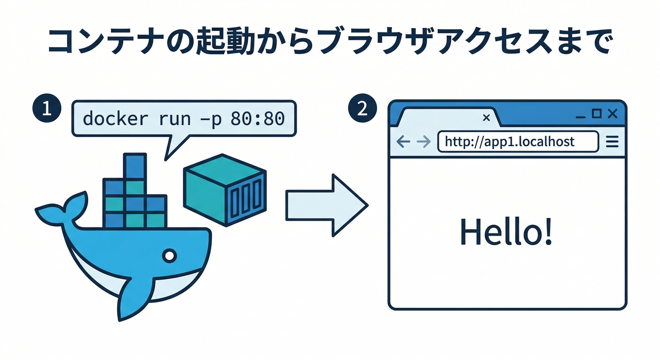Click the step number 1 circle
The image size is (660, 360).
46,108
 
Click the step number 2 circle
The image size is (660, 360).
362,108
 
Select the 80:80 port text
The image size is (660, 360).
258,118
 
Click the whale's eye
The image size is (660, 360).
169,255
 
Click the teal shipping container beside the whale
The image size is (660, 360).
225,189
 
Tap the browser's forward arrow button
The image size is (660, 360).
424,142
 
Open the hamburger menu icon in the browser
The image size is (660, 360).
612,142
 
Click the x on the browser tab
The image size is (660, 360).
486,118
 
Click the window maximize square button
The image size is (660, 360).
597,113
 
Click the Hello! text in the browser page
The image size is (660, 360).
506,231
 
